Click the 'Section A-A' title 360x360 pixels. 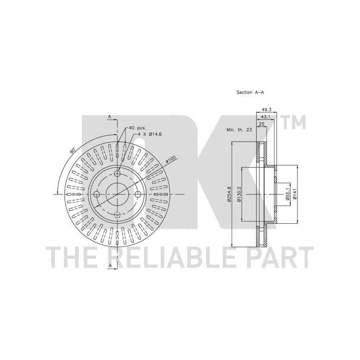coord(250,92)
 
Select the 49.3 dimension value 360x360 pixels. coord(266,110)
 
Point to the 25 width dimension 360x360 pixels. coord(261,124)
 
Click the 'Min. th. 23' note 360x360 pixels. coord(239,130)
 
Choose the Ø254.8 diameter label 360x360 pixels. coord(229,194)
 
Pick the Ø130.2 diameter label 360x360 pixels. coord(239,194)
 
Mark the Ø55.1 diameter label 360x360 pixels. coord(287,194)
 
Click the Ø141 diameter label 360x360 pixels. coord(295,194)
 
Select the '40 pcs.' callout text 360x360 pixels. coord(137,128)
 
